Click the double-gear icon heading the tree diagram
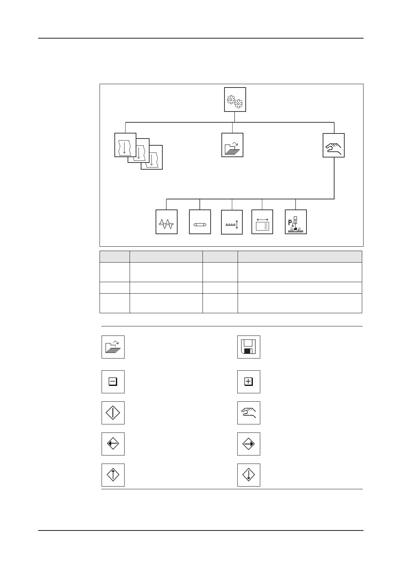click(x=235, y=99)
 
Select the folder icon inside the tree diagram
click(x=232, y=145)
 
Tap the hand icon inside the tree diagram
click(x=333, y=145)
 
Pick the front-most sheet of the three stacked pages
click(x=125, y=145)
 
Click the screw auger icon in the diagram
click(x=166, y=222)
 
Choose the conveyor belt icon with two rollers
click(x=200, y=222)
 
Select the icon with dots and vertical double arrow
click(x=232, y=222)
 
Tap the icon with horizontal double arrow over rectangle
click(x=262, y=222)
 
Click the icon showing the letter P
click(x=296, y=222)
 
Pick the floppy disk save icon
click(x=248, y=347)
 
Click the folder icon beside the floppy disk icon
click(x=113, y=347)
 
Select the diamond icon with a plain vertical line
click(x=113, y=413)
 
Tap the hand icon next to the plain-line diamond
click(x=248, y=413)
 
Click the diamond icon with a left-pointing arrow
click(x=113, y=444)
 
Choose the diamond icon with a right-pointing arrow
click(x=248, y=444)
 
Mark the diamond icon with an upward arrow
click(x=113, y=475)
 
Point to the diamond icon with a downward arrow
click(x=248, y=475)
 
